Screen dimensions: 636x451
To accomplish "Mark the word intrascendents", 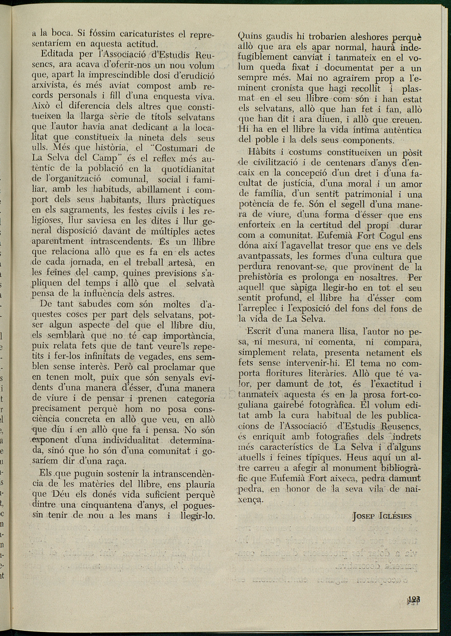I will coord(121,241).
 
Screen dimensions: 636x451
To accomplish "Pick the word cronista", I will coord(287,88).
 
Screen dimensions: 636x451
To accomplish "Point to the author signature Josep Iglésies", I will coord(382,516).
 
